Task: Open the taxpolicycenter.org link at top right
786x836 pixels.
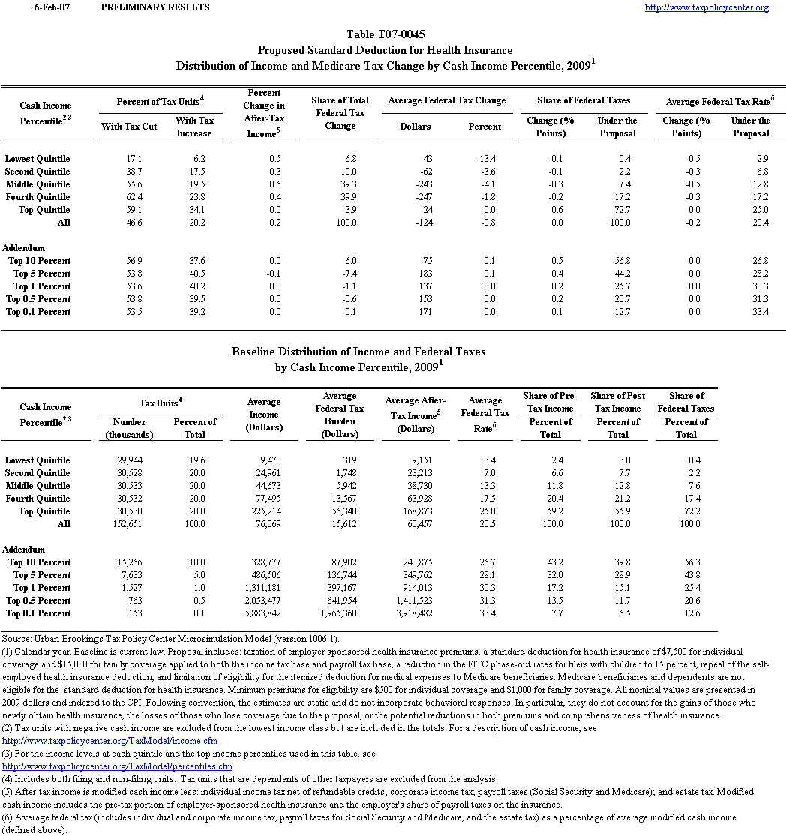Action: pyautogui.click(x=706, y=7)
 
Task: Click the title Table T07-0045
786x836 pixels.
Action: pyautogui.click(x=384, y=35)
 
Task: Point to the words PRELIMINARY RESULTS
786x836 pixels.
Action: pyautogui.click(x=154, y=7)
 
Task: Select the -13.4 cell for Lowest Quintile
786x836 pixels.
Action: pyautogui.click(x=487, y=159)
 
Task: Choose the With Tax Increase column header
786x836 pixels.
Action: pyautogui.click(x=194, y=127)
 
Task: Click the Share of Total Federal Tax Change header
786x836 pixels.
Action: pyautogui.click(x=340, y=113)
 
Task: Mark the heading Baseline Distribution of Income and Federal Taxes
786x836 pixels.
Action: pyautogui.click(x=358, y=351)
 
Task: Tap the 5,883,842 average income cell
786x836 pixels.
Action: pyautogui.click(x=262, y=613)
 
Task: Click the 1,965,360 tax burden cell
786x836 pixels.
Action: pyautogui.click(x=335, y=613)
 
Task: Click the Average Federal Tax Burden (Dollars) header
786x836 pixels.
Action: pyautogui.click(x=340, y=415)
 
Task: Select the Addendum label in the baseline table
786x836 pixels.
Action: pyautogui.click(x=23, y=550)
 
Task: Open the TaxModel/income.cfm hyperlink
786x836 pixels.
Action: pyautogui.click(x=101, y=741)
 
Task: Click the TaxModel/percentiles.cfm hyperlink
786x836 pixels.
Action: pyautogui.click(x=118, y=766)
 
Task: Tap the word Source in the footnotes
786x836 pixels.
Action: pyautogui.click(x=16, y=639)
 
